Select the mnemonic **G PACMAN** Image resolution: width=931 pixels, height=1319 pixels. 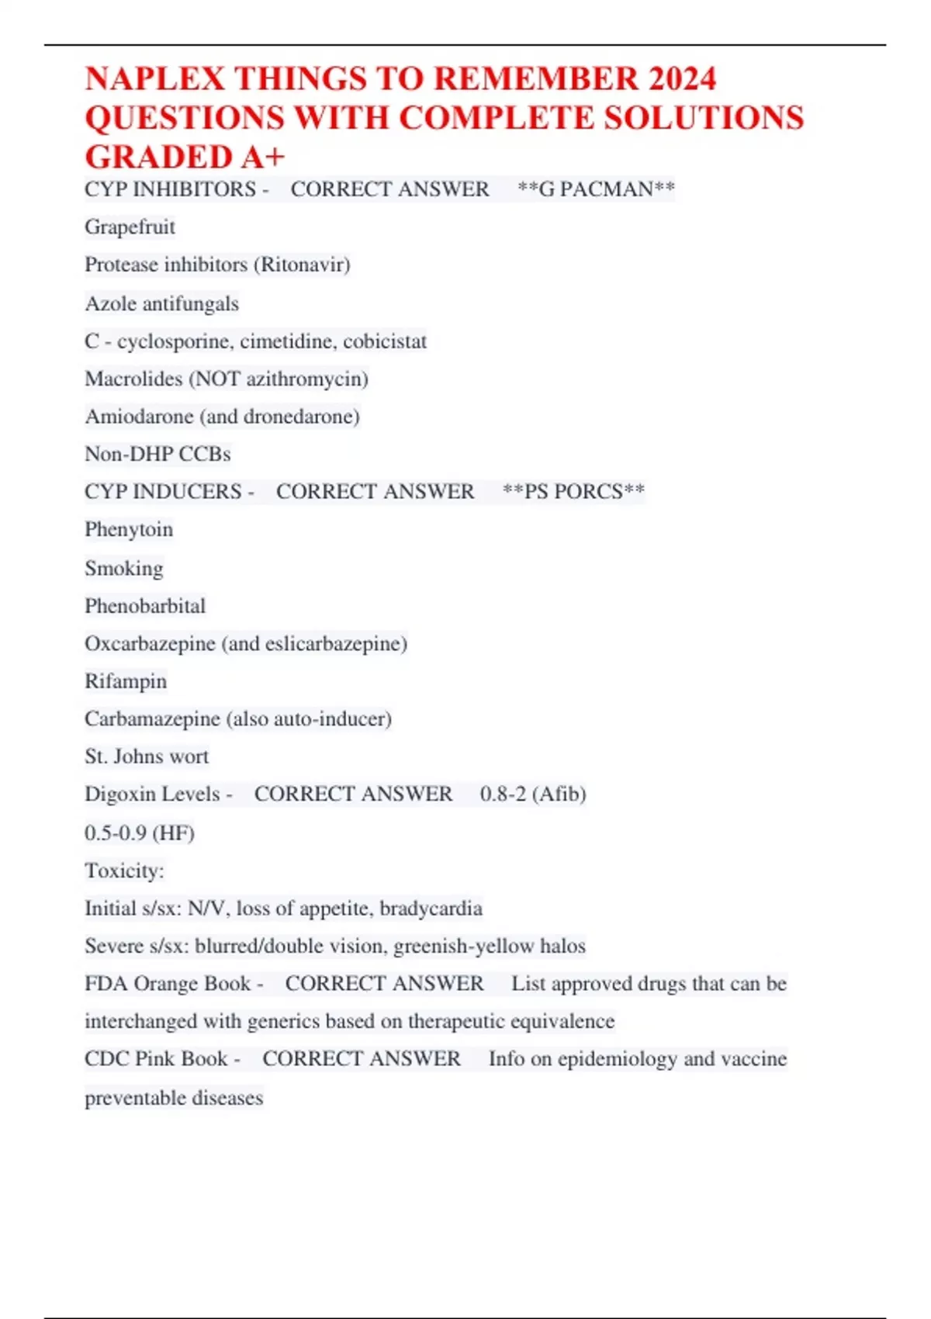[596, 189]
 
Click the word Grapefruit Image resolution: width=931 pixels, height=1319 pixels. [130, 227]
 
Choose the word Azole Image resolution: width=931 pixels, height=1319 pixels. [109, 303]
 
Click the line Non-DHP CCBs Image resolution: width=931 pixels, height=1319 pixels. [157, 454]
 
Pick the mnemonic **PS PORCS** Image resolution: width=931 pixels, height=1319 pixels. [573, 492]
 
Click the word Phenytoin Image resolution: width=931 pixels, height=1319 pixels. [129, 530]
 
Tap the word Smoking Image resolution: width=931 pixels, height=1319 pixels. [124, 568]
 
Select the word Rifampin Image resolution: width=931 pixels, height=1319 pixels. [126, 681]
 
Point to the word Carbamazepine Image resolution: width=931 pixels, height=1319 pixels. [152, 719]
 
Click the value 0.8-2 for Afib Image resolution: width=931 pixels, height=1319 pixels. [503, 795]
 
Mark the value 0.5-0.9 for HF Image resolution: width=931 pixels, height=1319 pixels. [116, 833]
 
